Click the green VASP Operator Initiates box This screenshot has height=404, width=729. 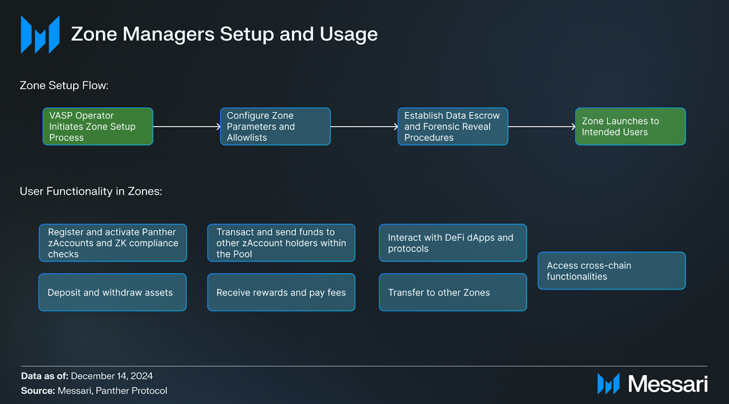pyautogui.click(x=98, y=126)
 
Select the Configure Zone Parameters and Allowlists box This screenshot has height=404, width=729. pyautogui.click(x=275, y=126)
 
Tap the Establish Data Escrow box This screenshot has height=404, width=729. pyautogui.click(x=453, y=126)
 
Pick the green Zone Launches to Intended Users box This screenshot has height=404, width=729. pyautogui.click(x=630, y=126)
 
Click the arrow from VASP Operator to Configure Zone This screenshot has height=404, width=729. pyautogui.click(x=187, y=126)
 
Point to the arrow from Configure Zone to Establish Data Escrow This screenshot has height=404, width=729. pyautogui.click(x=364, y=126)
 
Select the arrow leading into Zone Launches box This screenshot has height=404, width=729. pyautogui.click(x=541, y=126)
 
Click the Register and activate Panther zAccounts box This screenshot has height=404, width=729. pyautogui.click(x=113, y=243)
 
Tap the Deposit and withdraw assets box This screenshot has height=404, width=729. pyautogui.click(x=112, y=292)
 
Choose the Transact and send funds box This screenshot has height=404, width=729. pyautogui.click(x=281, y=243)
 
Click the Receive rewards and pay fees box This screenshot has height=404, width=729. pyautogui.click(x=281, y=292)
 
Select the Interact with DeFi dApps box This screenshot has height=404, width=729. pyautogui.click(x=453, y=243)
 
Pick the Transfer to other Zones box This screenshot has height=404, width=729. pyautogui.click(x=453, y=292)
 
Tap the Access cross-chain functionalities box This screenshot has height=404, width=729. pyautogui.click(x=612, y=271)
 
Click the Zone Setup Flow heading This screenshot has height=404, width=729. pyautogui.click(x=64, y=85)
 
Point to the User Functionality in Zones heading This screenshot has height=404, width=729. pyautogui.click(x=91, y=191)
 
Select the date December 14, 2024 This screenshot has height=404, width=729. pyautogui.click(x=112, y=376)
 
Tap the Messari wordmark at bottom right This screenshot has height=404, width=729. pyautogui.click(x=667, y=384)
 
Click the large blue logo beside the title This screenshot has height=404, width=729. pyautogui.click(x=40, y=34)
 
